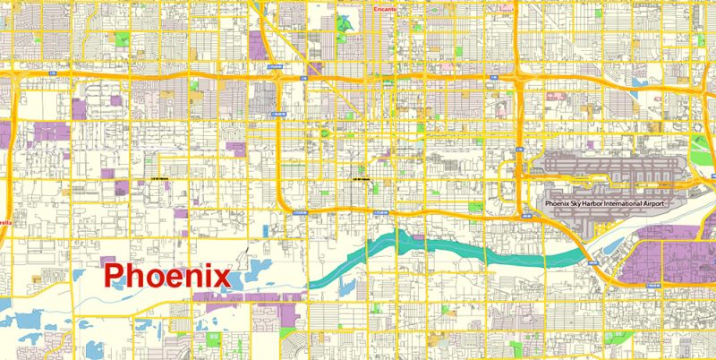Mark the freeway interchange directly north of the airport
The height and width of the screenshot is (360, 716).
click(x=520, y=82)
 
